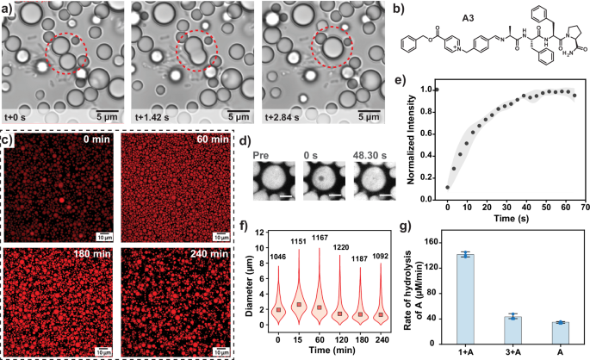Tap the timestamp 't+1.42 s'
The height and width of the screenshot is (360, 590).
[x=157, y=115]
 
